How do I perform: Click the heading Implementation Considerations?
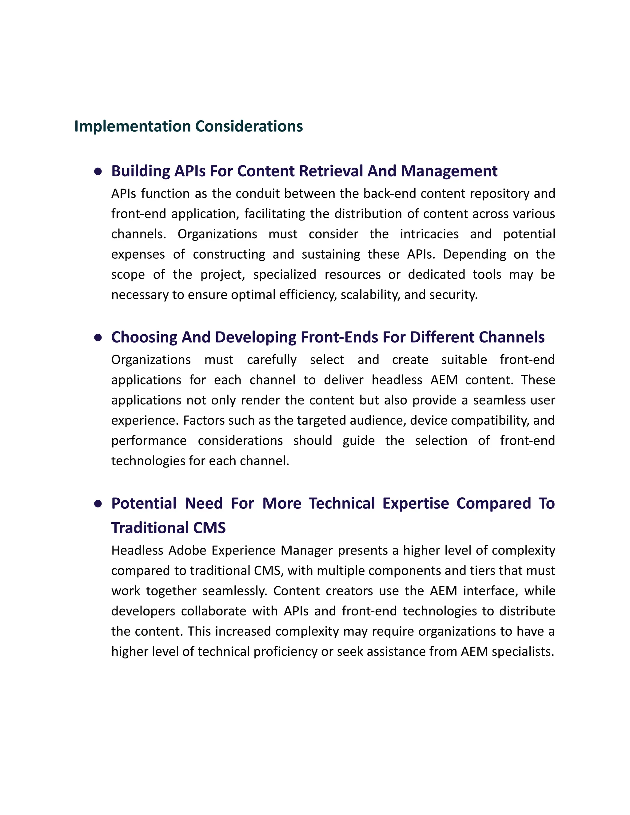[189, 126]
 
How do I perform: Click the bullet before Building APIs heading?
[98, 171]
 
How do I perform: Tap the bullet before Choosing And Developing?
[98, 337]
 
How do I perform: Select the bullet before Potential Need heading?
[98, 504]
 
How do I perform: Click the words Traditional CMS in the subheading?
[168, 528]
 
